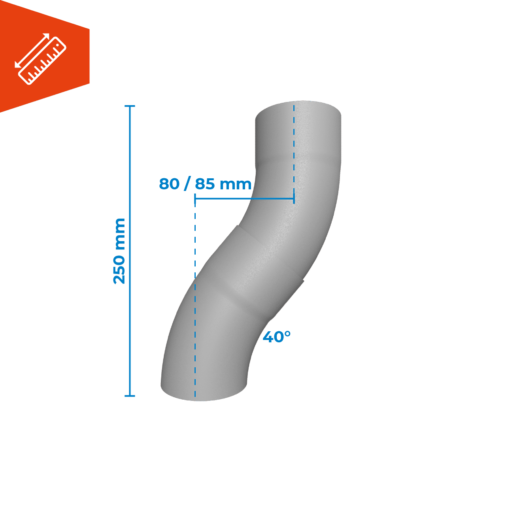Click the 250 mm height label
point(119,251)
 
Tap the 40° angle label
point(276,337)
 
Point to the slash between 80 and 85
point(187,184)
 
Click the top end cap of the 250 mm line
point(130,106)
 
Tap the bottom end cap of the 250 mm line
point(130,396)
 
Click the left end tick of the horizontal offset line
point(195,199)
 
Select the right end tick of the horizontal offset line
point(294,199)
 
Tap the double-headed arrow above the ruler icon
point(32,51)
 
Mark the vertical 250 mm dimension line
point(130,251)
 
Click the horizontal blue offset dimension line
point(244,199)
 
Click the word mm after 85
point(236,185)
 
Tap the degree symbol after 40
point(287,334)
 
